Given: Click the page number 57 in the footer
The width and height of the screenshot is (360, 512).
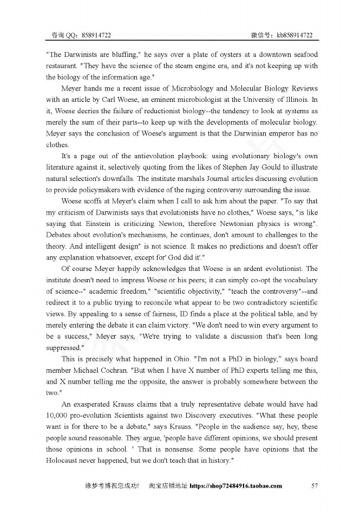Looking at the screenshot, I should pos(315,485).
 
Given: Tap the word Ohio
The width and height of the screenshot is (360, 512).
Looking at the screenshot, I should pos(175,359).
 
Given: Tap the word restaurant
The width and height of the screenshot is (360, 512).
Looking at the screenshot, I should pos(63,66).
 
